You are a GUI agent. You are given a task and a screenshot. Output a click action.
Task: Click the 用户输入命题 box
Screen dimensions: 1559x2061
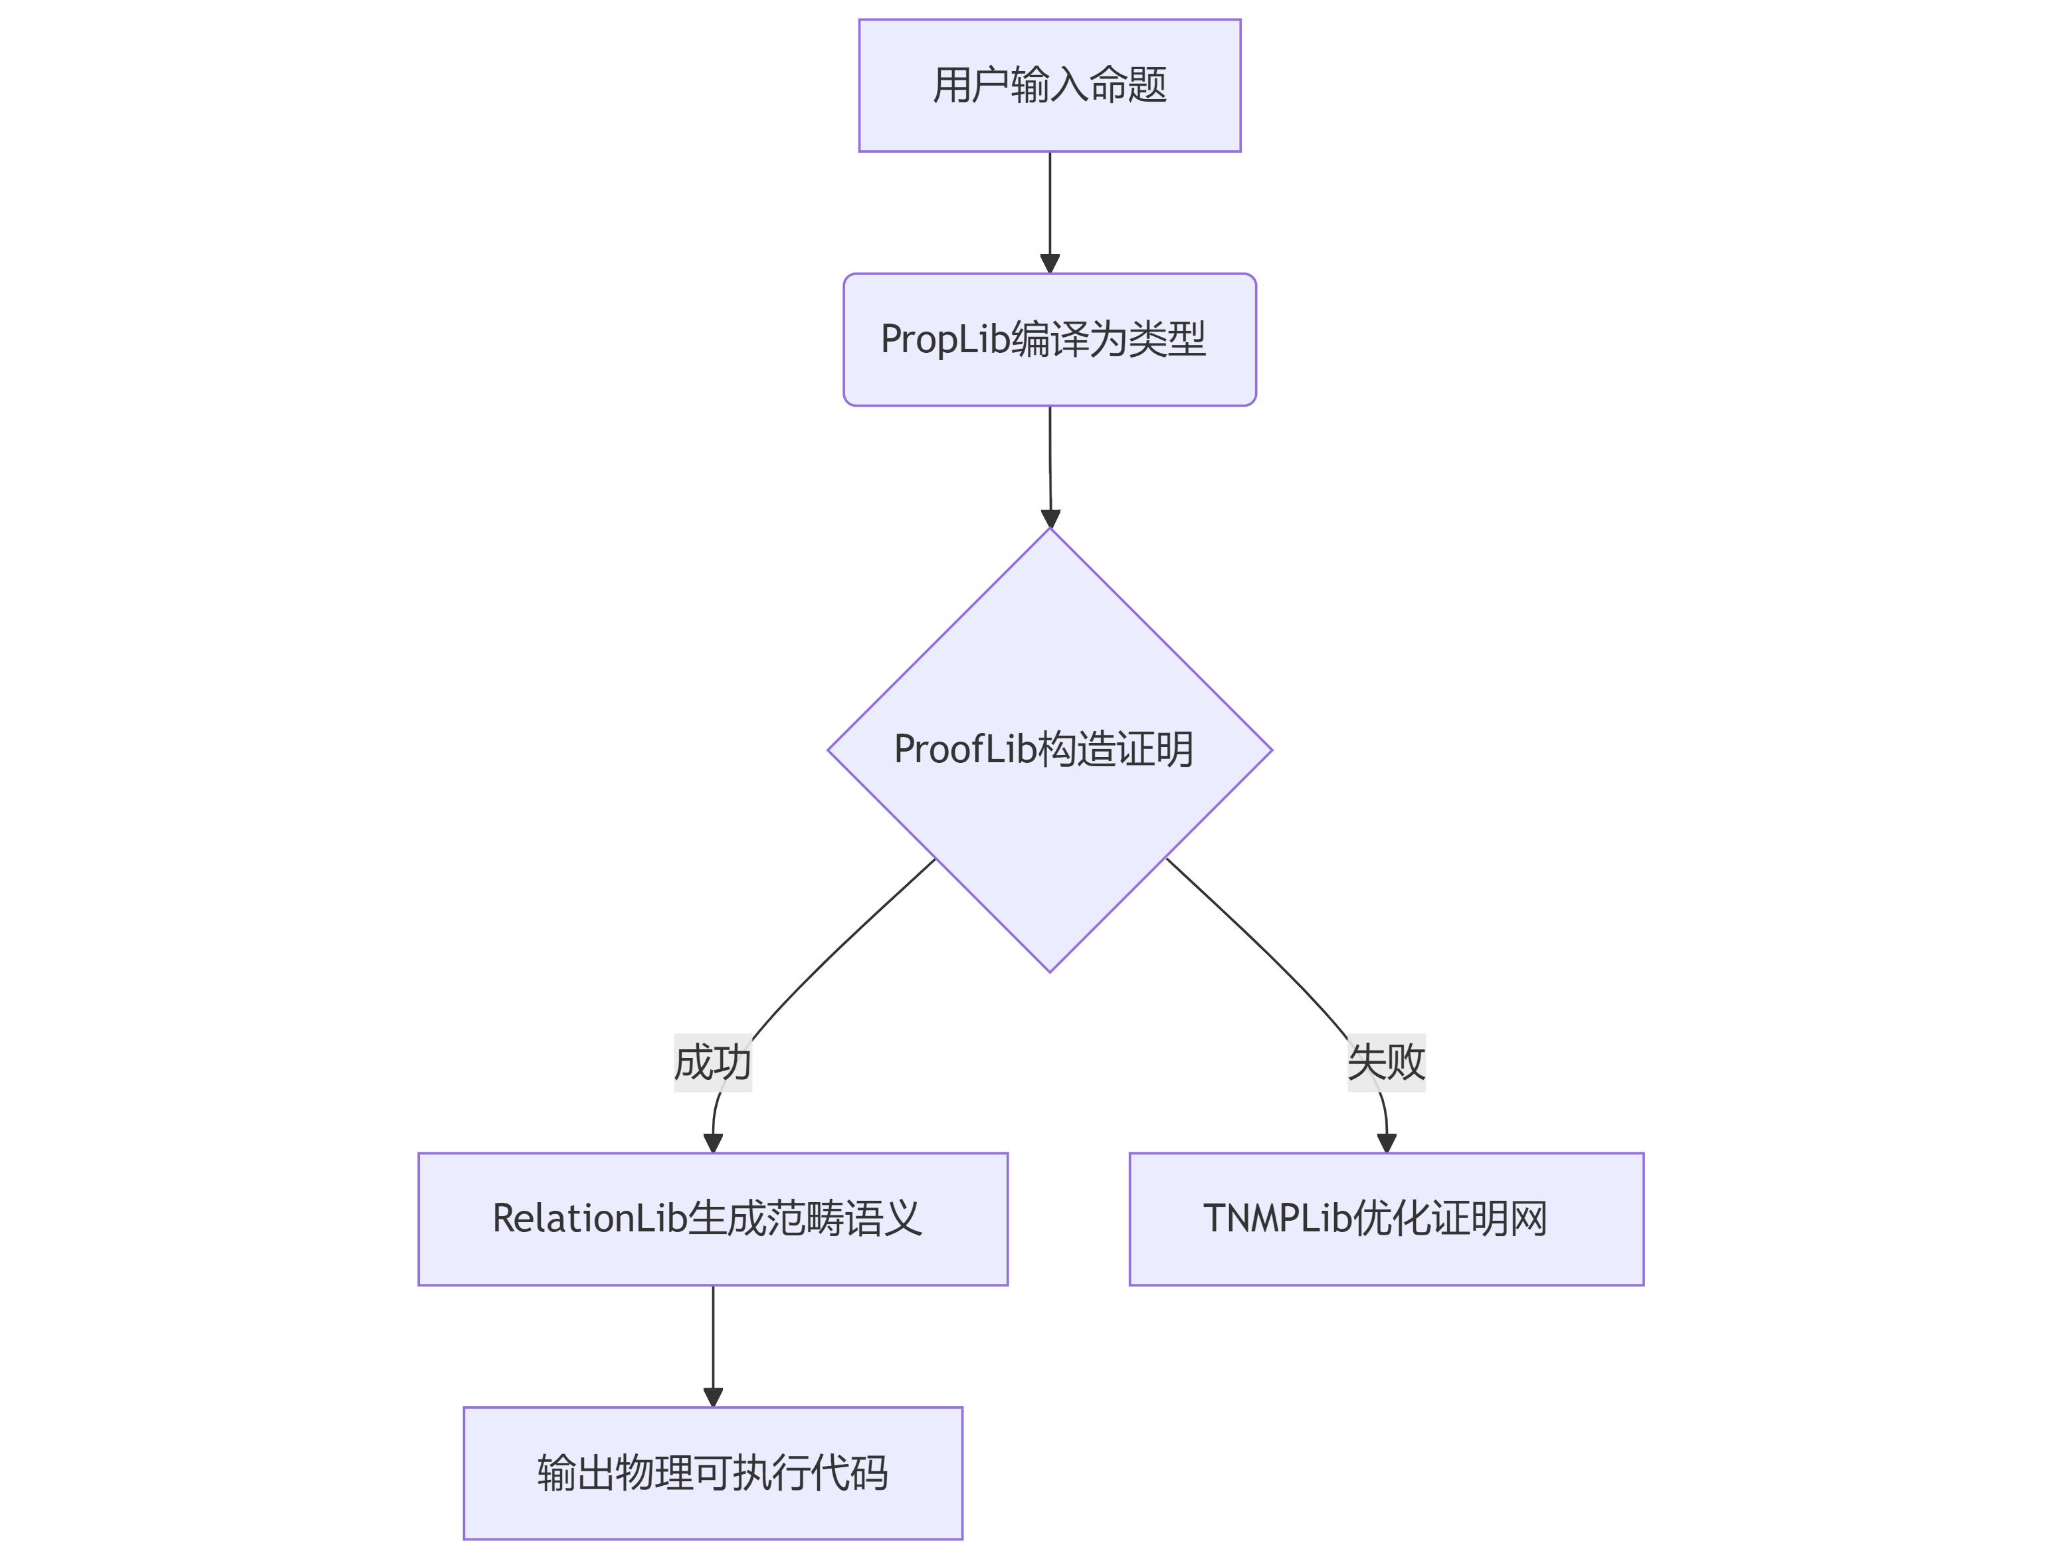[x=1049, y=85]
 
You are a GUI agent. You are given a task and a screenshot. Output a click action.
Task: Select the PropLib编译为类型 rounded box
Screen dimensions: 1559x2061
[x=1049, y=339]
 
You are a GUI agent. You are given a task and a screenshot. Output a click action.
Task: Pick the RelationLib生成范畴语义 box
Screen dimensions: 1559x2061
[x=713, y=1219]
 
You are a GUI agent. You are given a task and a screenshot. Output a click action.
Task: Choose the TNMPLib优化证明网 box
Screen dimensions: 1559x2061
[x=1387, y=1219]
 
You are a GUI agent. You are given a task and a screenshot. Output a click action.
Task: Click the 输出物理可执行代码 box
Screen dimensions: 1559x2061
[x=713, y=1473]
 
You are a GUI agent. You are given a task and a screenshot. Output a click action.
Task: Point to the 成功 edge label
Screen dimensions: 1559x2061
[x=713, y=1063]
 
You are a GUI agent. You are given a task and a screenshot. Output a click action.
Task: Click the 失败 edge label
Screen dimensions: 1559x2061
[x=1387, y=1063]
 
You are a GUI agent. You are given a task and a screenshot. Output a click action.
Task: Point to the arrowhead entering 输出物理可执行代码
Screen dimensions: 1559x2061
[x=714, y=1397]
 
